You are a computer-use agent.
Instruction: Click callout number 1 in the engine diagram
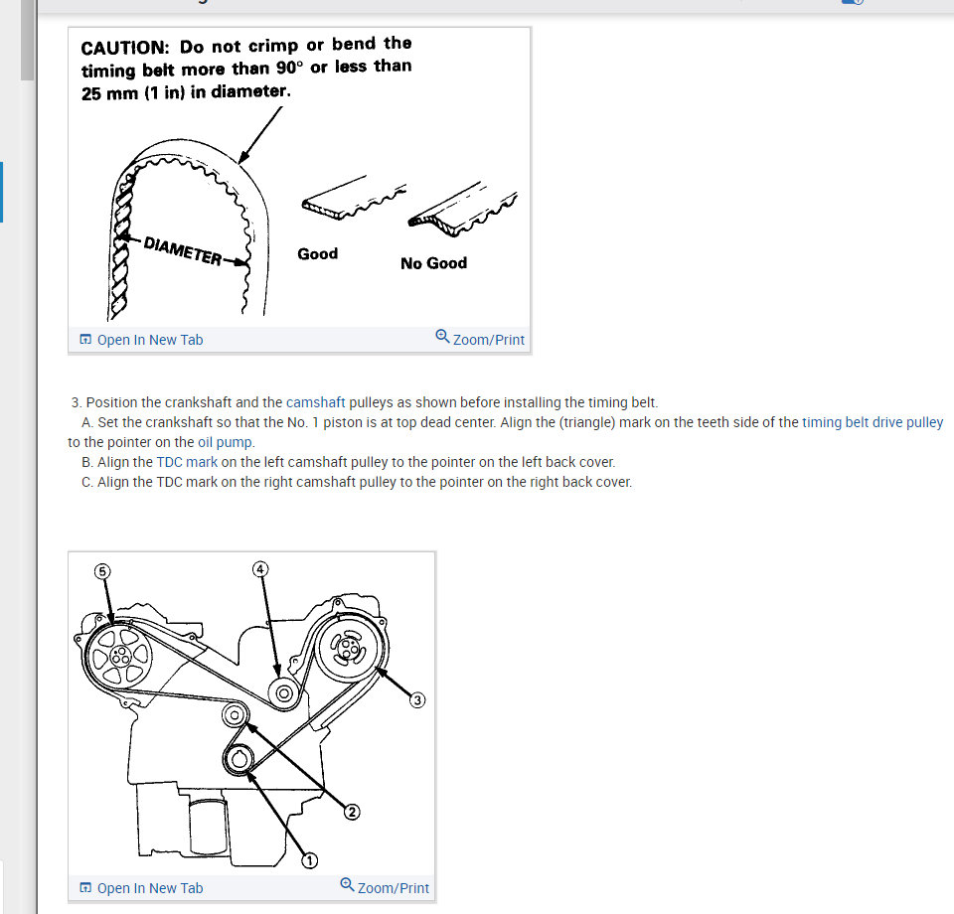pyautogui.click(x=310, y=860)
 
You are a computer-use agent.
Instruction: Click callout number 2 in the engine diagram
pyautogui.click(x=352, y=812)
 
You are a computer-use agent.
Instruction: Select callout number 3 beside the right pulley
pyautogui.click(x=417, y=700)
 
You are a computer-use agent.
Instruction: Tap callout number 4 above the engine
pyautogui.click(x=260, y=569)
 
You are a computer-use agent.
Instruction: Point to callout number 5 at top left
pyautogui.click(x=102, y=571)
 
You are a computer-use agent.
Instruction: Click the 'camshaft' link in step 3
pyautogui.click(x=315, y=402)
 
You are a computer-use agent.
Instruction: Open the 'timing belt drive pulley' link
pyautogui.click(x=873, y=422)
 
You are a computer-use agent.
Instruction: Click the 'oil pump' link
pyautogui.click(x=225, y=442)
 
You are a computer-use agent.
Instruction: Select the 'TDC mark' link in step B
pyautogui.click(x=187, y=462)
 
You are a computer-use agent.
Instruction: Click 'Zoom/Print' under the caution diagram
pyautogui.click(x=480, y=339)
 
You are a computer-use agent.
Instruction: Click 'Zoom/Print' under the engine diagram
pyautogui.click(x=385, y=887)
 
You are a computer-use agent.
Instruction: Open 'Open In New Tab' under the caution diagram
pyautogui.click(x=141, y=340)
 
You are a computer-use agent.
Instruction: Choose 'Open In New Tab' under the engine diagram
pyautogui.click(x=141, y=888)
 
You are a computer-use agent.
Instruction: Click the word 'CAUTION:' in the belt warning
pyautogui.click(x=125, y=48)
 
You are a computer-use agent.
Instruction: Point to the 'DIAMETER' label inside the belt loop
pyautogui.click(x=183, y=251)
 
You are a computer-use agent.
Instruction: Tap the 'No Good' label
pyautogui.click(x=434, y=263)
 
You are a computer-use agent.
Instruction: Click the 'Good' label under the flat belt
pyautogui.click(x=318, y=253)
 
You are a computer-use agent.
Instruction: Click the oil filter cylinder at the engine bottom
pyautogui.click(x=209, y=826)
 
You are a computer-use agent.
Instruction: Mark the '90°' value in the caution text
pyautogui.click(x=289, y=68)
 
